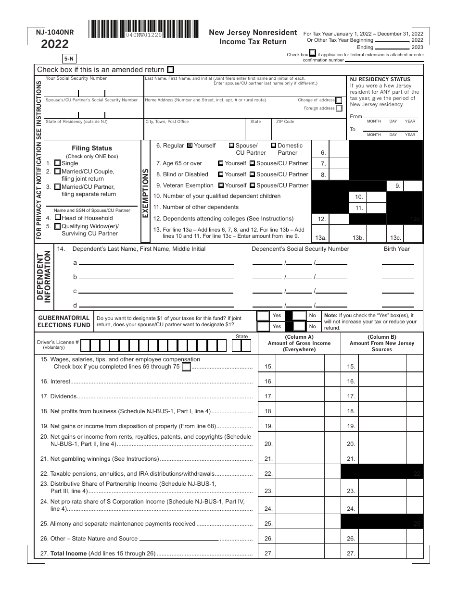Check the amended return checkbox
click(171, 69)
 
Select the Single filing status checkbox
click(58, 163)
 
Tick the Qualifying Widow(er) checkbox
click(58, 226)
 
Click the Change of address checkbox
click(339, 100)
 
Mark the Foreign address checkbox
click(339, 108)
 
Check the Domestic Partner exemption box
click(273, 145)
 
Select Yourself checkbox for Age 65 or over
click(220, 163)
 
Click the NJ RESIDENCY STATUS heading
click(380, 79)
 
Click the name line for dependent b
click(156, 277)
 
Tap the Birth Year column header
click(397, 249)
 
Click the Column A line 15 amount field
click(300, 366)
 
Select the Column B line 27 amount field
click(383, 553)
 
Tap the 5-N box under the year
click(69, 59)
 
